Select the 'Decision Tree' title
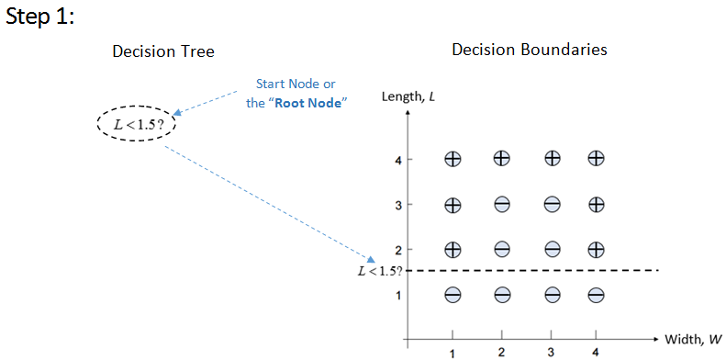pos(163,51)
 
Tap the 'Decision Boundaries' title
pos(530,50)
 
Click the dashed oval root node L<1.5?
pos(137,124)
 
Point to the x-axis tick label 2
pos(502,353)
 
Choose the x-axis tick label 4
pos(596,353)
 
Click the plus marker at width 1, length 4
pos(452,159)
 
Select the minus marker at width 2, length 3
pos(502,205)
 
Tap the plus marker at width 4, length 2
pos(596,248)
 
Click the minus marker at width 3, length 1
pos(553,295)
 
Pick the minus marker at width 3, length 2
pos(553,248)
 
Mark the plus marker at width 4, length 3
pos(596,205)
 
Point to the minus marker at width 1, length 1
pos(452,295)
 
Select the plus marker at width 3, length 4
pos(553,159)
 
